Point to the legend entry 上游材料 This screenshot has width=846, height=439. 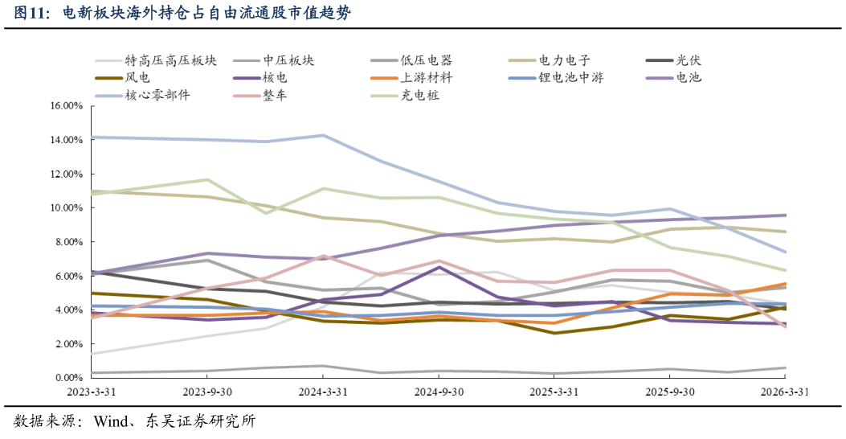(426, 78)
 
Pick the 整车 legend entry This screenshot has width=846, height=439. (275, 96)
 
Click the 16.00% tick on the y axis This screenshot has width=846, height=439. (66, 106)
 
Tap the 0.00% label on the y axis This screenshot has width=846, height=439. (68, 378)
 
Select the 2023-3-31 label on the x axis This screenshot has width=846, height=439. (92, 392)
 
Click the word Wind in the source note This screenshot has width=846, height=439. (112, 421)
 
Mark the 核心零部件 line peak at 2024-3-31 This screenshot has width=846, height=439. (323, 135)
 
